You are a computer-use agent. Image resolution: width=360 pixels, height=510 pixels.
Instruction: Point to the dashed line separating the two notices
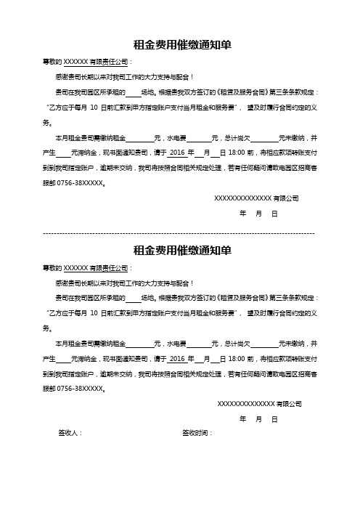click(179, 233)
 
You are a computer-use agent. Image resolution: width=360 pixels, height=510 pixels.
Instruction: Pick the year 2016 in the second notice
click(176, 359)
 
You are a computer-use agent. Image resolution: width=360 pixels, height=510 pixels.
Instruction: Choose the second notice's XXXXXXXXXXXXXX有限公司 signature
click(259, 403)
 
